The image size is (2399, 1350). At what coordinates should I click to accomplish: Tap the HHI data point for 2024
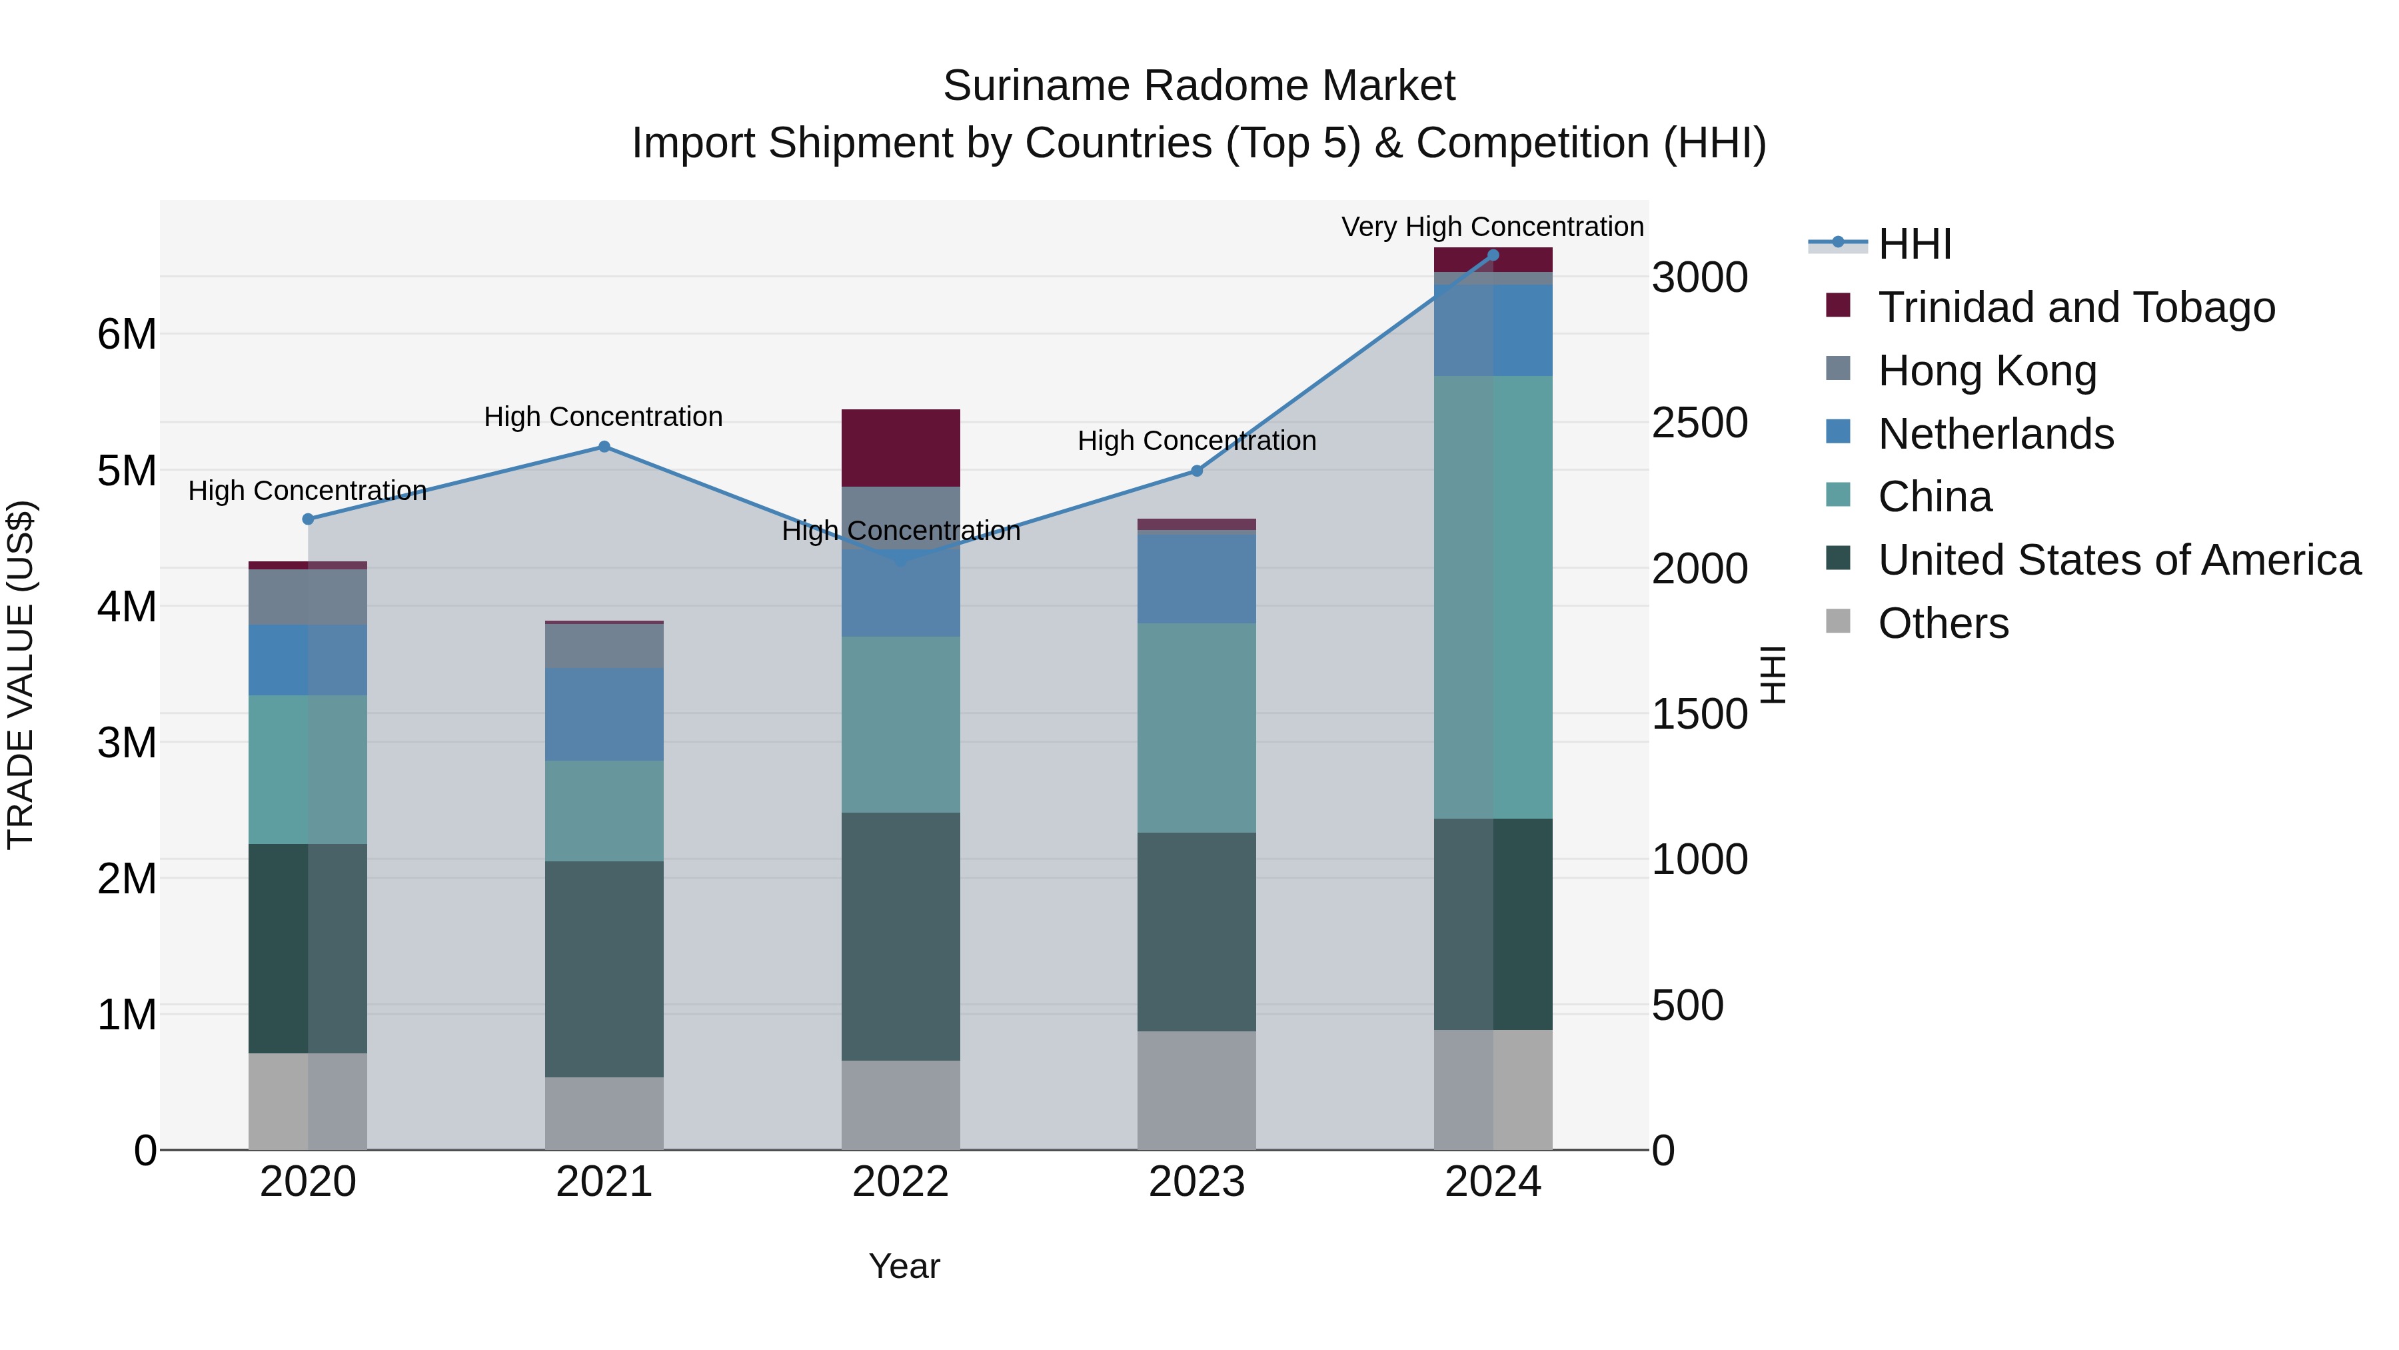pyautogui.click(x=1493, y=255)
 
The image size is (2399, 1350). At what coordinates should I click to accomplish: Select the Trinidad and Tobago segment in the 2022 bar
pyautogui.click(x=900, y=447)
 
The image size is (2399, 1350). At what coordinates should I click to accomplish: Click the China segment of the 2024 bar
pyautogui.click(x=1493, y=596)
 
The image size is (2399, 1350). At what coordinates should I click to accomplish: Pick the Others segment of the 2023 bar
pyautogui.click(x=1197, y=1090)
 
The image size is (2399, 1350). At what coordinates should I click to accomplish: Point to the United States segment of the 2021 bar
pyautogui.click(x=604, y=969)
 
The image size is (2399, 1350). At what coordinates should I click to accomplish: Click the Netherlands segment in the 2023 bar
pyautogui.click(x=1197, y=577)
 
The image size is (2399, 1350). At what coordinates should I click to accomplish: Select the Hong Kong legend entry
pyautogui.click(x=1987, y=371)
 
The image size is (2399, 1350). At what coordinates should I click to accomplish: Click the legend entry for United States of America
pyautogui.click(x=2118, y=560)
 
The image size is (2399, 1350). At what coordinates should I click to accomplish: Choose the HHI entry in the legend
pyautogui.click(x=1914, y=244)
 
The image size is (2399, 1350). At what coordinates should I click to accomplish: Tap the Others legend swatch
pyautogui.click(x=1839, y=621)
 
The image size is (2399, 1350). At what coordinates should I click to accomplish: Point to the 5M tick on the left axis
pyautogui.click(x=127, y=471)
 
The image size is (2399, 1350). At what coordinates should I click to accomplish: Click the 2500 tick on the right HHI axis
pyautogui.click(x=1699, y=423)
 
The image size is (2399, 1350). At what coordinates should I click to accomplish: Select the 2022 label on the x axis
pyautogui.click(x=900, y=1182)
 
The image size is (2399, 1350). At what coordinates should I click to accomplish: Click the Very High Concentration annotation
pyautogui.click(x=1492, y=227)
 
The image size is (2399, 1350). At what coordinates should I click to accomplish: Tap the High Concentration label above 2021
pyautogui.click(x=604, y=417)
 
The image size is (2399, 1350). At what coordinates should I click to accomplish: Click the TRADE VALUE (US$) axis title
pyautogui.click(x=21, y=675)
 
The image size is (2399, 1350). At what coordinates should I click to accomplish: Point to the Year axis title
pyautogui.click(x=904, y=1266)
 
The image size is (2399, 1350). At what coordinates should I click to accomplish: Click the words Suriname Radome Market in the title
pyautogui.click(x=1199, y=86)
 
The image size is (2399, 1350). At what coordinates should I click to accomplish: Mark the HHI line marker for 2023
pyautogui.click(x=1197, y=471)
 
